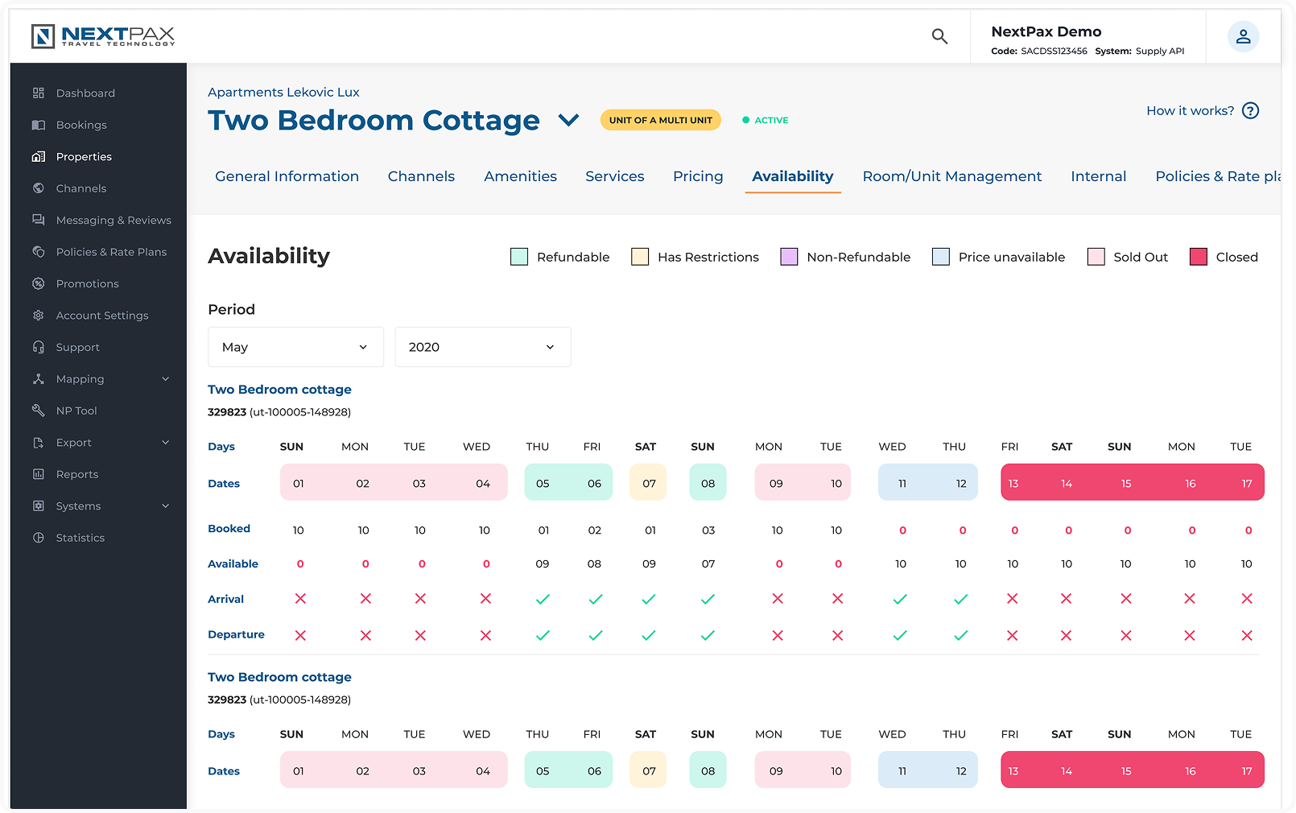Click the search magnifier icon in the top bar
tap(939, 36)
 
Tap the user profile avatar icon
tap(1243, 36)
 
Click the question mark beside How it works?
tap(1250, 111)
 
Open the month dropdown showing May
tap(295, 347)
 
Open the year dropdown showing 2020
tap(482, 347)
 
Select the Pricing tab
tap(698, 176)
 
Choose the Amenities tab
tap(520, 176)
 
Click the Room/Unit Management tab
tap(951, 176)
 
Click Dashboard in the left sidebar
tap(85, 93)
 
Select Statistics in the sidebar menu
tap(80, 538)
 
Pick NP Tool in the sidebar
tap(76, 411)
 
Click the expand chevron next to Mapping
tap(166, 379)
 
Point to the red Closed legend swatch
tap(1199, 257)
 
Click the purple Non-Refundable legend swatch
tap(789, 257)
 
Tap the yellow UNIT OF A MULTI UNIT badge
tap(660, 120)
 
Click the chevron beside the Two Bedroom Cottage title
tap(569, 121)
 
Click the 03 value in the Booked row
tap(708, 530)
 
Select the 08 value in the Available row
tap(594, 564)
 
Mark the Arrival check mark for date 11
tap(900, 599)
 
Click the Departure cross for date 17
tap(1247, 635)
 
